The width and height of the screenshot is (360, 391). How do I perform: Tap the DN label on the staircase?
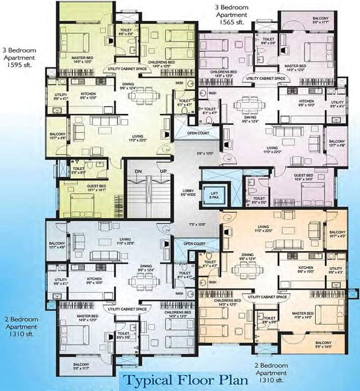pos(138,171)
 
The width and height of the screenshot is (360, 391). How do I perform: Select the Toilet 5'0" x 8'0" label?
pos(79,171)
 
